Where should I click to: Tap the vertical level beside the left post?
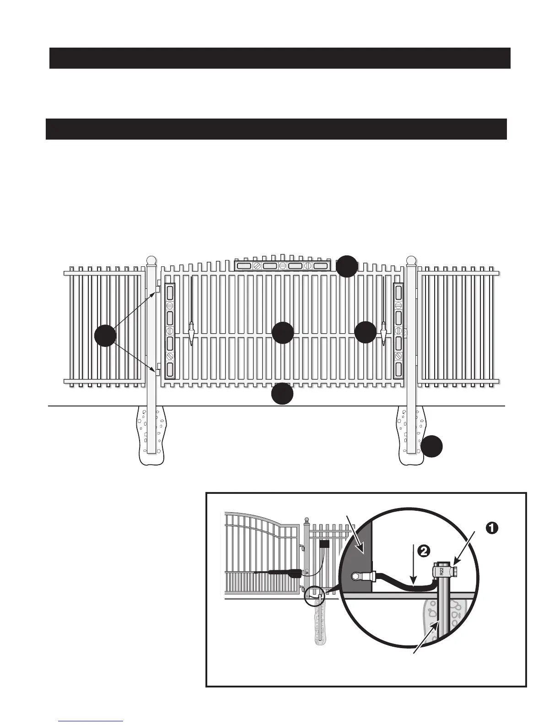tap(170, 331)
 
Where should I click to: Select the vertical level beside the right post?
tap(398, 331)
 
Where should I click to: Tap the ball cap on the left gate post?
tap(151, 261)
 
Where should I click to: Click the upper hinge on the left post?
tap(157, 289)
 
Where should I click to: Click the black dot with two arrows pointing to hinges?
tap(105, 336)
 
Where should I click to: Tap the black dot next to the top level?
tap(347, 266)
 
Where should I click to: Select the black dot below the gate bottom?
tap(282, 394)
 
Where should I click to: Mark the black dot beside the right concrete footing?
tap(432, 446)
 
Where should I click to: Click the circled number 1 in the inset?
tap(491, 528)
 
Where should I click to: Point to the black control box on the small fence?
tap(325, 545)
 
